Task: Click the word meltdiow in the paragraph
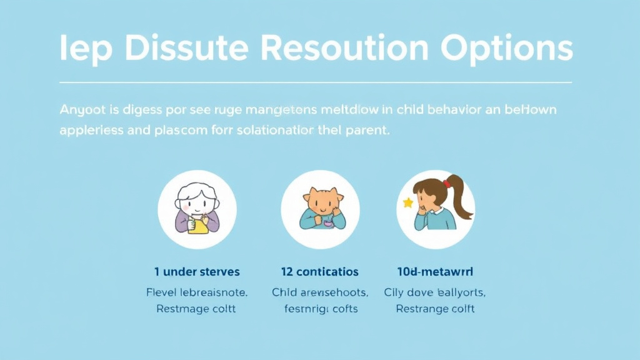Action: [347, 110]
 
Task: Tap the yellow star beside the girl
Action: [408, 202]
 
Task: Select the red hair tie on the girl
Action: [446, 183]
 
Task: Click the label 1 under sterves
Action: [197, 272]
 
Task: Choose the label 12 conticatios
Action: [320, 272]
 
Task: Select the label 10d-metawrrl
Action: [435, 272]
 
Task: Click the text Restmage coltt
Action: [197, 309]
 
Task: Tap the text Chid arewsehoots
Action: [320, 292]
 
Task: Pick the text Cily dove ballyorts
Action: [435, 292]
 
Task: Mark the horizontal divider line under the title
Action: [316, 82]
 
